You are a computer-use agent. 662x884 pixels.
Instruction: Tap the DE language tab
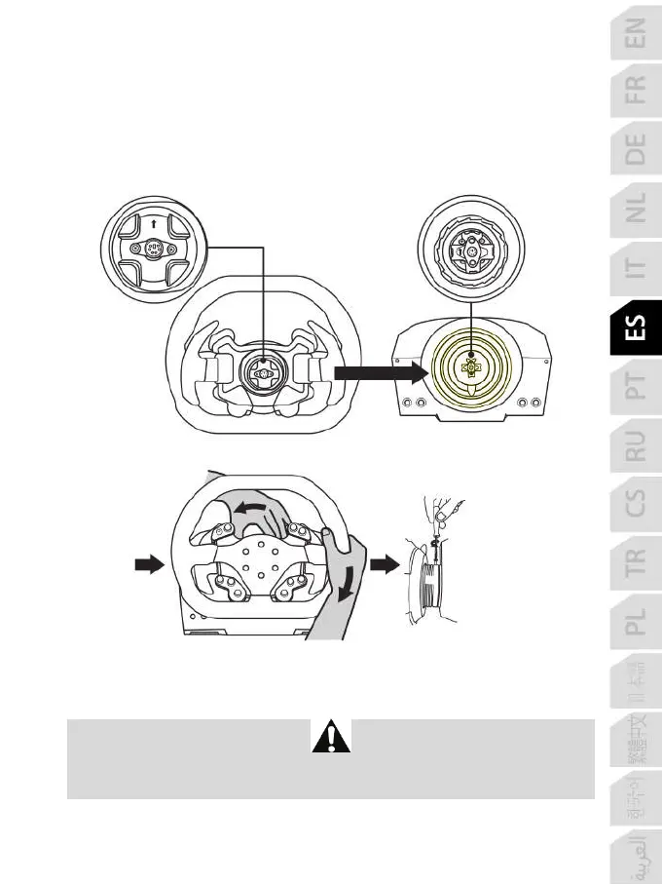click(x=635, y=150)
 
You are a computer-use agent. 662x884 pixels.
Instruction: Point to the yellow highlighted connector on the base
click(x=470, y=368)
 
